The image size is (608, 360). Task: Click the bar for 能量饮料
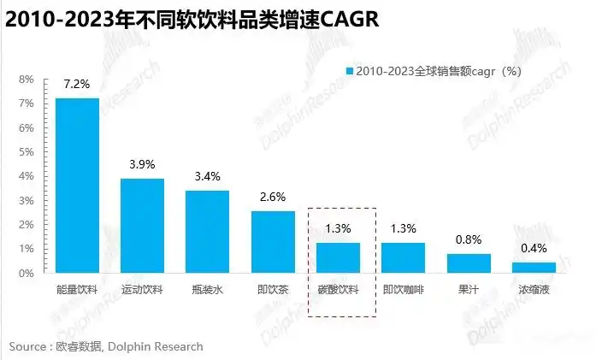pyautogui.click(x=77, y=186)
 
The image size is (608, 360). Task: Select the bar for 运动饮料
pyautogui.click(x=142, y=226)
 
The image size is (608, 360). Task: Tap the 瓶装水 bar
pyautogui.click(x=207, y=231)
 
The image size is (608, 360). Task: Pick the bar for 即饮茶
pyautogui.click(x=273, y=241)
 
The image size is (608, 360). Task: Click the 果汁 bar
pyautogui.click(x=469, y=263)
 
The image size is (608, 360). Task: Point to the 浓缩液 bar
pyautogui.click(x=534, y=267)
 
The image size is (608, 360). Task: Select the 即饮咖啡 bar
pyautogui.click(x=403, y=257)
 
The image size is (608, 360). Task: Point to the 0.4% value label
pyautogui.click(x=534, y=249)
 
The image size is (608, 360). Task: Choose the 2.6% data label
pyautogui.click(x=273, y=198)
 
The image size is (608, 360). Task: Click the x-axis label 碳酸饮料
pyautogui.click(x=338, y=290)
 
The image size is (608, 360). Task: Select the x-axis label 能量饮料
pyautogui.click(x=77, y=290)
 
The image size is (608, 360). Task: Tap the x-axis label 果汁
pyautogui.click(x=469, y=290)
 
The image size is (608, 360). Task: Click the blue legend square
pyautogui.click(x=349, y=70)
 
